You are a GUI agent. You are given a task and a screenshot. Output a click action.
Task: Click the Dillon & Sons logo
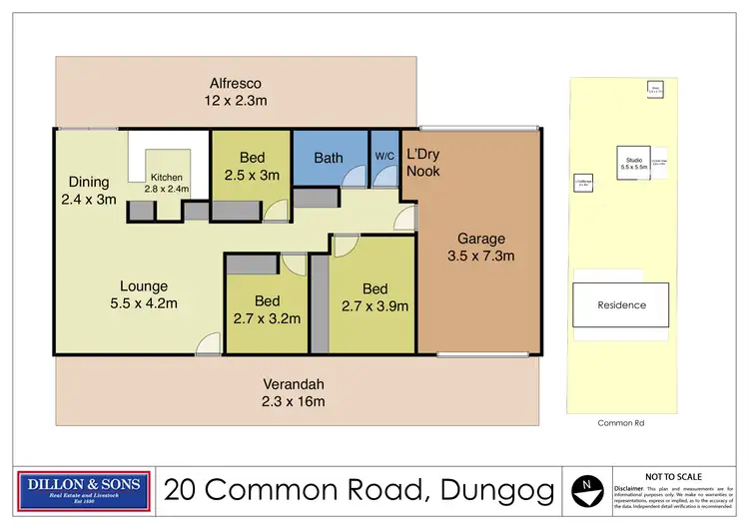click(85, 490)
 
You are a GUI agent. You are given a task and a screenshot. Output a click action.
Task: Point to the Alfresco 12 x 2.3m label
click(238, 92)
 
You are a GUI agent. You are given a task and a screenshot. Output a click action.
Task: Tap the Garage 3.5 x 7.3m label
click(481, 247)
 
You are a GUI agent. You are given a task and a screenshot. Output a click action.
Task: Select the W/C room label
click(384, 156)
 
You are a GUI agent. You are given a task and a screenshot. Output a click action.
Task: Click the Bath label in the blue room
click(329, 158)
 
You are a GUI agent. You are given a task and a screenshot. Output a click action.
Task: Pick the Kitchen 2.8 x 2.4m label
click(168, 183)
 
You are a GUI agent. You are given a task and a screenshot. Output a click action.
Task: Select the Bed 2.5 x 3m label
click(252, 166)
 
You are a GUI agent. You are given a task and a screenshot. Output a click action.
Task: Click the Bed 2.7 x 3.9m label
click(375, 297)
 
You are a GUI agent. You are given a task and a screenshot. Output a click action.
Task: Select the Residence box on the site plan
click(621, 304)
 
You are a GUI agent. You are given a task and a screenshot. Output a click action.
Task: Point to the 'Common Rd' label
click(620, 423)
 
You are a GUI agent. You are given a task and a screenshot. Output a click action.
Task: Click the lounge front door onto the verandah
click(208, 345)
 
